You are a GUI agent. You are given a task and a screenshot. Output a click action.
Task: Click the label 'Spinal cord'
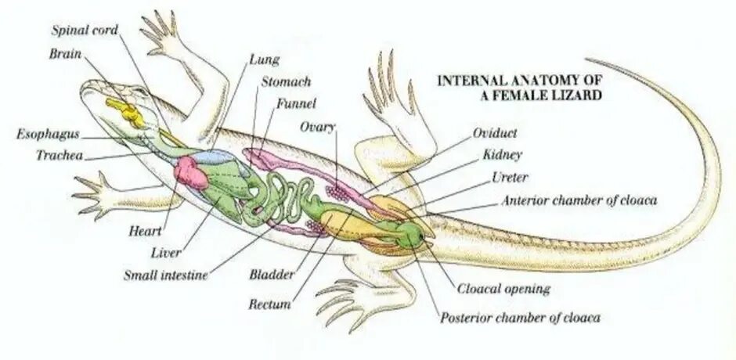(x=85, y=31)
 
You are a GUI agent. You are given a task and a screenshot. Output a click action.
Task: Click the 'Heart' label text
(x=145, y=232)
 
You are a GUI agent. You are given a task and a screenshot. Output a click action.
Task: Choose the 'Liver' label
(x=165, y=253)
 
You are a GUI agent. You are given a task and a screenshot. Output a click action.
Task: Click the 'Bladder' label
(x=271, y=275)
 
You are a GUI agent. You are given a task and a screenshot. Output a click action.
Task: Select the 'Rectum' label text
(x=269, y=303)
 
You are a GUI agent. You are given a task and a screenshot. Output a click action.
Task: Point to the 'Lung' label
(x=264, y=59)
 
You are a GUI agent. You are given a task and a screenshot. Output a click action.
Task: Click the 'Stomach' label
(x=285, y=81)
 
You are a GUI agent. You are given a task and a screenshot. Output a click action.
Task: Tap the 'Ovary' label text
(x=319, y=127)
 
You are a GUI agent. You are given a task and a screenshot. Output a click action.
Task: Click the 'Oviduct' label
(x=495, y=133)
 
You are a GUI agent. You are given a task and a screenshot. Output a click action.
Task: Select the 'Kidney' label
(x=502, y=156)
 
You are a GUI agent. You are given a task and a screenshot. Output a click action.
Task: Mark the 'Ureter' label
(x=510, y=178)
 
